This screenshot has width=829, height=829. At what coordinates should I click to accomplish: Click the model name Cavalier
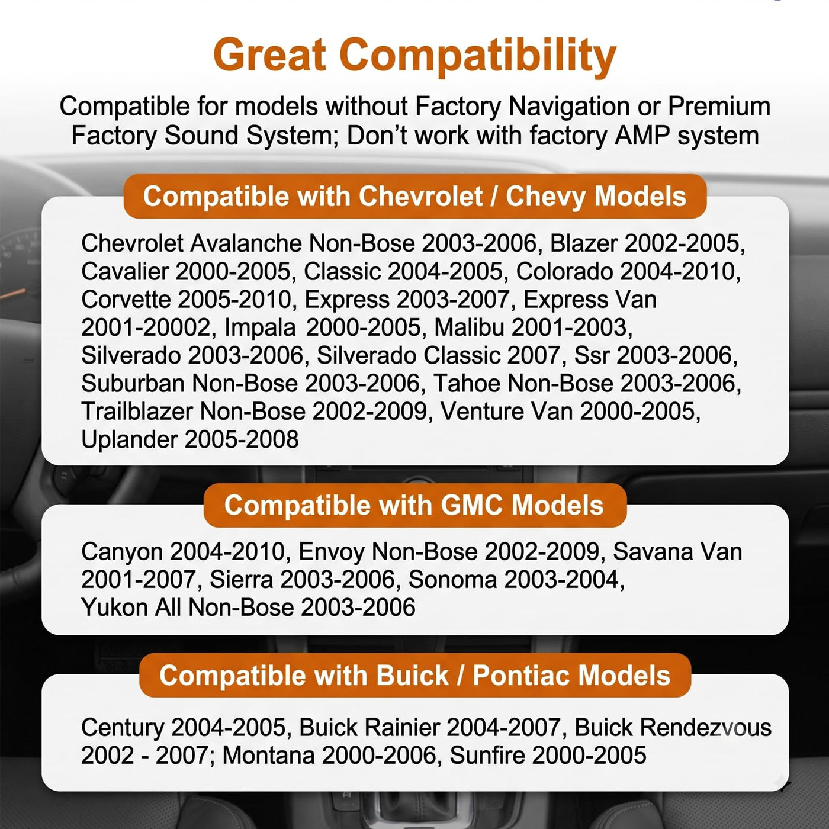pyautogui.click(x=125, y=271)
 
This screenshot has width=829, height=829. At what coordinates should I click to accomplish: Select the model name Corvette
pyautogui.click(x=126, y=300)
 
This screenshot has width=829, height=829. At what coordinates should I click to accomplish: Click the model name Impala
pyautogui.click(x=260, y=328)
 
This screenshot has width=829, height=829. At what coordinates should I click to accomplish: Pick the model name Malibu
pyautogui.click(x=469, y=327)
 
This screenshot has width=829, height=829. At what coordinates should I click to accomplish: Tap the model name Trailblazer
pyautogui.click(x=137, y=412)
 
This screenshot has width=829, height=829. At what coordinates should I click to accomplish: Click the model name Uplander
pyautogui.click(x=130, y=440)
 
